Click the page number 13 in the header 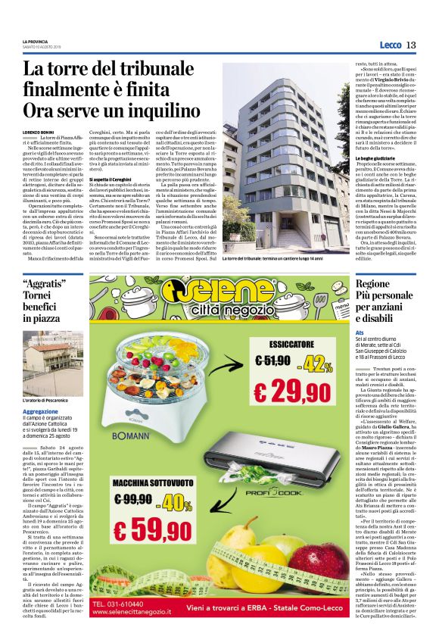coord(411,45)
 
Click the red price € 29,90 coord(291,392)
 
